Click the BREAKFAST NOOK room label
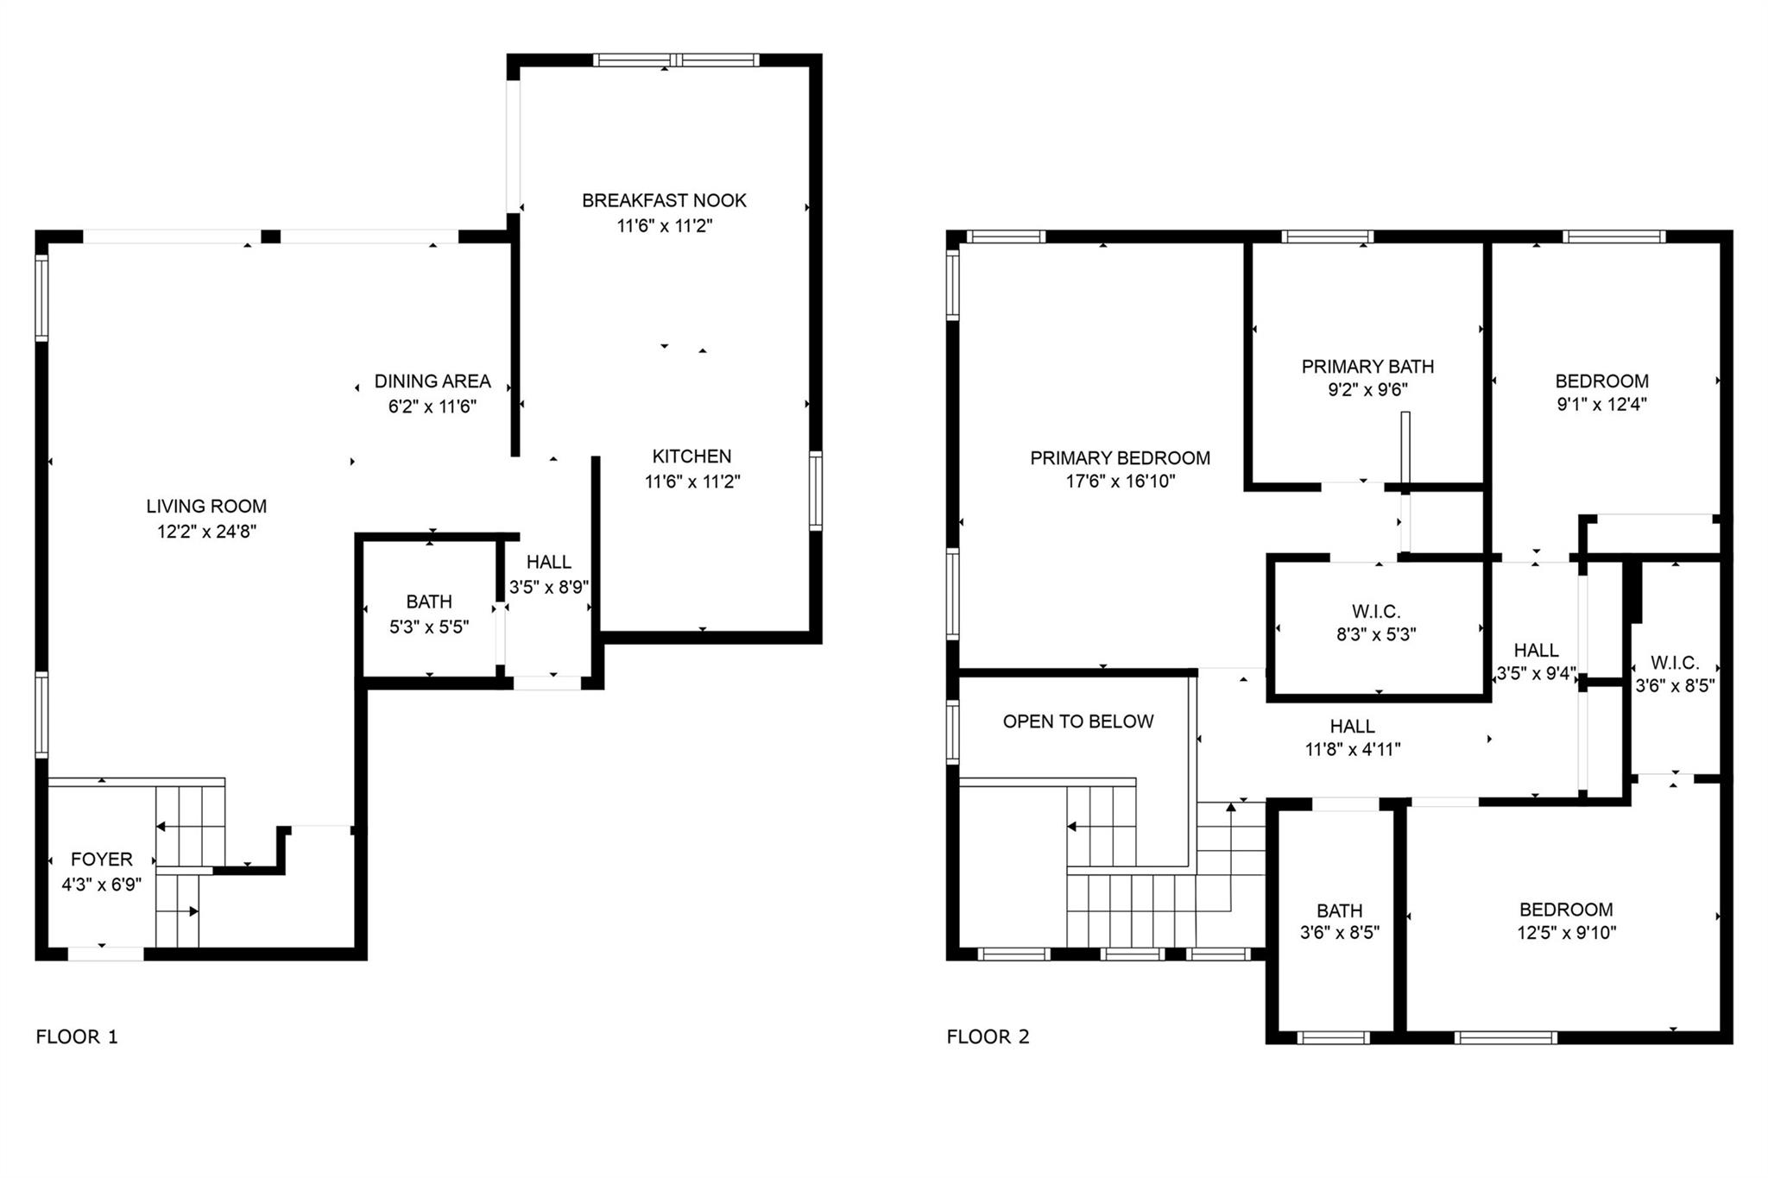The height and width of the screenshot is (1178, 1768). pos(664,200)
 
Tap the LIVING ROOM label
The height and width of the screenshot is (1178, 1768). pos(206,507)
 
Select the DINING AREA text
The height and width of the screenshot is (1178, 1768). pos(433,381)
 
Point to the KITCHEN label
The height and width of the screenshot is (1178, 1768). pos(691,457)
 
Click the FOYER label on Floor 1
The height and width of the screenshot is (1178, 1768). pos(102,860)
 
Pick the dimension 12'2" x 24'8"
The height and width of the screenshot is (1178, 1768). pos(207,532)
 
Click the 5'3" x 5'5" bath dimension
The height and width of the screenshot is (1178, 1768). pos(429,627)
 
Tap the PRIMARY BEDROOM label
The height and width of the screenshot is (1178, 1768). pos(1121,458)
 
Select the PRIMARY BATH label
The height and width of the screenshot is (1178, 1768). pos(1368,367)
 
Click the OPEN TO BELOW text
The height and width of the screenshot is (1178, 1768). pos(1078,721)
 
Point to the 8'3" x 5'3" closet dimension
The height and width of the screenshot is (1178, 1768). pos(1376,635)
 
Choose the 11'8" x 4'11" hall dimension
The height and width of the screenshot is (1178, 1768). pos(1353,750)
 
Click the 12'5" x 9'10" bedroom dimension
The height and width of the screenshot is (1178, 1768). pos(1567,933)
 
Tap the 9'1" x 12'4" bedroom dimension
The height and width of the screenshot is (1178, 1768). pos(1602,405)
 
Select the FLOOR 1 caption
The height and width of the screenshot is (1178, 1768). pos(77,1037)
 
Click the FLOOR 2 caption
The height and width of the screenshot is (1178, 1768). pos(988,1037)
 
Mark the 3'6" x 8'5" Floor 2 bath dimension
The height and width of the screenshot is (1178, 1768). pos(1340,933)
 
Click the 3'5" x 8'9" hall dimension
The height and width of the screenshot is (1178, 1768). pos(549,588)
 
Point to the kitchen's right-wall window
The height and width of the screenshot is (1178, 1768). pos(815,490)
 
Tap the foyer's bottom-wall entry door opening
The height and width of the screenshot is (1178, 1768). pos(105,954)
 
